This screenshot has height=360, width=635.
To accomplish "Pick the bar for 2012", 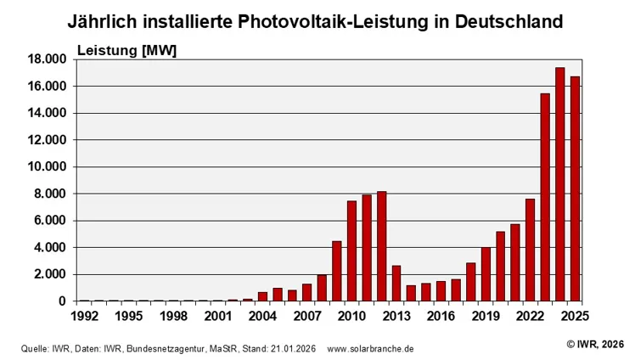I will pos(381,246).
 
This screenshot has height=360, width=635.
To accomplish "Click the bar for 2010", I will pos(351,250).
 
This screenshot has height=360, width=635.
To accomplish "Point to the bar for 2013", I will pos(396,284).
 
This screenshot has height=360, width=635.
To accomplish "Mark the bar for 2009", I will pos(336,271).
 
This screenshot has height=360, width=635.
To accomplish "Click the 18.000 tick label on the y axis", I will pos(47,59).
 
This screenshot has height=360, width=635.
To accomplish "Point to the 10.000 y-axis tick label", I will pos(47,167).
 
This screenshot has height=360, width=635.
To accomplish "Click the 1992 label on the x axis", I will pos(84,316).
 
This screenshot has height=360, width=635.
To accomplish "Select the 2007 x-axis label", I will pos(307,316).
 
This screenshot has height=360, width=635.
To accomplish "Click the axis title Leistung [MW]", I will pos(126,50).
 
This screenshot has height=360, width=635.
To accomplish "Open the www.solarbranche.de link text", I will pos(370,349).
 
